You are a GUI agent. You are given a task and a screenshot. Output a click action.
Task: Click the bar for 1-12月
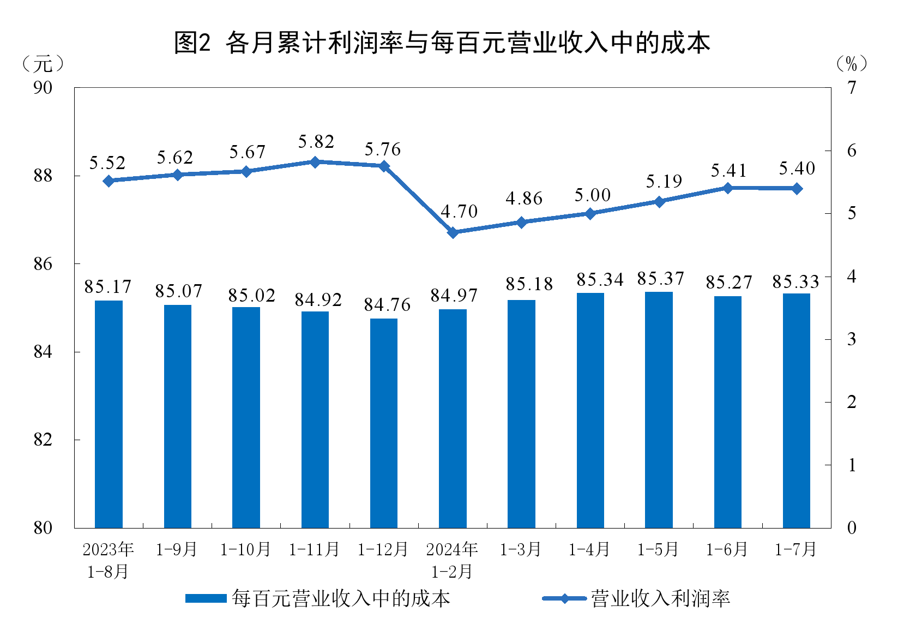[x=384, y=423]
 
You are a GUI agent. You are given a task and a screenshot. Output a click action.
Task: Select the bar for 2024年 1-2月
[x=453, y=418]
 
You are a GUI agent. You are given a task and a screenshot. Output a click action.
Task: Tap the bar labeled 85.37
[x=659, y=410]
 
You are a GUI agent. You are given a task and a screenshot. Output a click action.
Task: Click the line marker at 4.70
[x=453, y=232]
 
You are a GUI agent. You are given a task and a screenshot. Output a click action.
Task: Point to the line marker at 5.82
[x=315, y=162]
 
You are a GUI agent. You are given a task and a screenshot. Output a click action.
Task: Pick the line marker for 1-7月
[x=797, y=189]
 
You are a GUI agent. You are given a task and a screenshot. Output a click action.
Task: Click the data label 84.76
[x=387, y=305]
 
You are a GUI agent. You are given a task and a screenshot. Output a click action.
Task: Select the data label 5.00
[x=592, y=195]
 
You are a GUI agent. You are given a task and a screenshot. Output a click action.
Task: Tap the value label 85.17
[x=108, y=287]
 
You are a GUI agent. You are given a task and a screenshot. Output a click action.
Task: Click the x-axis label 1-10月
[x=245, y=549]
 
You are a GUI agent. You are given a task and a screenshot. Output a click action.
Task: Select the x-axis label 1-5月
[x=658, y=549]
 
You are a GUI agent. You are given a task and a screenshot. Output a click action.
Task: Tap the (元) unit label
[x=43, y=64]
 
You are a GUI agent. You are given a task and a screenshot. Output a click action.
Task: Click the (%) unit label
[x=851, y=64]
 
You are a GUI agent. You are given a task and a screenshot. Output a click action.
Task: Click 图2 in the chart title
[x=192, y=43]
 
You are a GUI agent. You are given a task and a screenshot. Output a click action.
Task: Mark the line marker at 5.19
[x=659, y=202]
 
